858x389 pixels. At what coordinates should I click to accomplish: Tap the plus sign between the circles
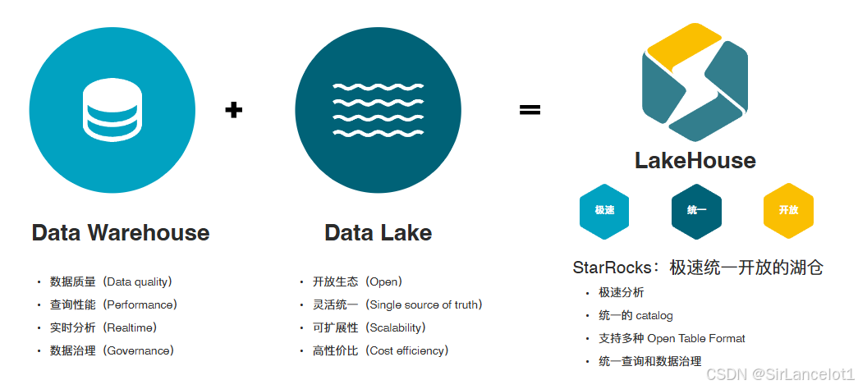point(234,109)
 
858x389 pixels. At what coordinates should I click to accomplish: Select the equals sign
point(530,109)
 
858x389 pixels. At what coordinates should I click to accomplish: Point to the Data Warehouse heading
point(121,232)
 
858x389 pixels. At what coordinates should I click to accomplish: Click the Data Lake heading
point(378,232)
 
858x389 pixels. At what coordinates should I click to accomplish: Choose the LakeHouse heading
point(695,160)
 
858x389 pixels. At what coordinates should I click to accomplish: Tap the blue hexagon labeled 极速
point(604,210)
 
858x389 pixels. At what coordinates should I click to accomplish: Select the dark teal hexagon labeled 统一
point(696,210)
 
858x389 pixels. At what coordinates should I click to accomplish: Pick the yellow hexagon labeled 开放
point(788,210)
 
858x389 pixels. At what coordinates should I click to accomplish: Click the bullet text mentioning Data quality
point(111,281)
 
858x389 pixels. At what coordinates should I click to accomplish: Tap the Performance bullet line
point(113,304)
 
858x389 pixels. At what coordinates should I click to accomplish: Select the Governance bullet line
point(112,350)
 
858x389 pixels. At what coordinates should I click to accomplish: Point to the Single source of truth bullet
point(397,304)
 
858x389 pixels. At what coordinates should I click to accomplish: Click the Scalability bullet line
point(369,327)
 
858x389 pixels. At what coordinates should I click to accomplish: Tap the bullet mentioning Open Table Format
point(672,338)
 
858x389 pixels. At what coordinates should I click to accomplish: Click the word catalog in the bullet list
point(654,315)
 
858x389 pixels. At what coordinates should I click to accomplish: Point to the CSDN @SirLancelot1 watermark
point(780,373)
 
